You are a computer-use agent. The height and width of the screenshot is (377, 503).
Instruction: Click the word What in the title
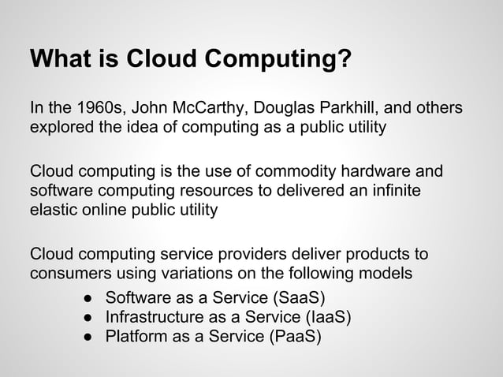click(x=58, y=60)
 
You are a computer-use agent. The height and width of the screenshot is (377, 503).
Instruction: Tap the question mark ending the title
click(x=345, y=60)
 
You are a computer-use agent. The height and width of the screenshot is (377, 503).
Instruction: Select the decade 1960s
click(x=97, y=107)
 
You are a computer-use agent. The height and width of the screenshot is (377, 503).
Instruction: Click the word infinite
click(x=393, y=191)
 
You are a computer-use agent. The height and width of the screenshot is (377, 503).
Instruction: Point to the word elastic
click(x=54, y=211)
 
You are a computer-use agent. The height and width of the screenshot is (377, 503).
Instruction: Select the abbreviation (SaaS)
click(x=298, y=298)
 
